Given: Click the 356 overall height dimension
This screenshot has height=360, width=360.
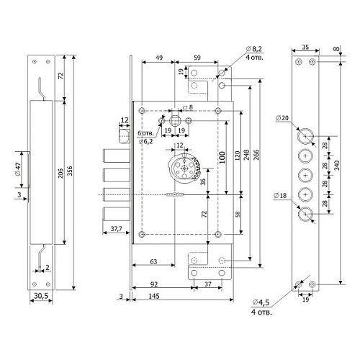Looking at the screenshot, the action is pyautogui.click(x=70, y=171).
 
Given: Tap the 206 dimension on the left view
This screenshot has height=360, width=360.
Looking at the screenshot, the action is pyautogui.click(x=60, y=173).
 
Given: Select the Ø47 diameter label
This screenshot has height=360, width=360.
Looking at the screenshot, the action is pyautogui.click(x=19, y=169).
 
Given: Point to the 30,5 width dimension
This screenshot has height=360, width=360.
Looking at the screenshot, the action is pyautogui.click(x=41, y=296).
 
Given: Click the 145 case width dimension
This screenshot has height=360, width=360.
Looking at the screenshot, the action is pyautogui.click(x=153, y=296).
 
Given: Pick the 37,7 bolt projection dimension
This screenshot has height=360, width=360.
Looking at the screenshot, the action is pyautogui.click(x=116, y=229).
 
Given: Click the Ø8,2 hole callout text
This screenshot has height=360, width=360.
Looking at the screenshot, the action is pyautogui.click(x=254, y=53).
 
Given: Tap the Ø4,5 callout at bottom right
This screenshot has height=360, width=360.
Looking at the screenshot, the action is pyautogui.click(x=261, y=307).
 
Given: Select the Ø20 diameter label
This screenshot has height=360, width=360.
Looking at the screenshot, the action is pyautogui.click(x=282, y=118).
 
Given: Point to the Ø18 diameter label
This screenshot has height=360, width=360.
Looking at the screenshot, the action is pyautogui.click(x=280, y=196).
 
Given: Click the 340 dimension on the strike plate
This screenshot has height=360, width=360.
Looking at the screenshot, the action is pyautogui.click(x=337, y=166).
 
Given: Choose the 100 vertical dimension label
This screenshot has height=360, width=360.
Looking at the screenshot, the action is pyautogui.click(x=222, y=157).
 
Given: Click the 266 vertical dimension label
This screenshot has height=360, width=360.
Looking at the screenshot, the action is pyautogui.click(x=256, y=155).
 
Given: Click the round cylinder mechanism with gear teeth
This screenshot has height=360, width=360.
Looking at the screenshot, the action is pyautogui.click(x=184, y=168).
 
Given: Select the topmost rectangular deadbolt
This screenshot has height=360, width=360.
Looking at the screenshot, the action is pyautogui.click(x=117, y=156).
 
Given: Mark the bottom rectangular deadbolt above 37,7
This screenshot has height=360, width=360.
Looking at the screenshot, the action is pyautogui.click(x=117, y=214).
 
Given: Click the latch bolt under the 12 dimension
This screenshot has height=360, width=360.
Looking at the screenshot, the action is pyautogui.click(x=125, y=136).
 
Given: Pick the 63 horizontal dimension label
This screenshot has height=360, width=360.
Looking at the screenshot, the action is pyautogui.click(x=153, y=261).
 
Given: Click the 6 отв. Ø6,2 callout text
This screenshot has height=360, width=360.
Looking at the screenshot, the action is pyautogui.click(x=145, y=138).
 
